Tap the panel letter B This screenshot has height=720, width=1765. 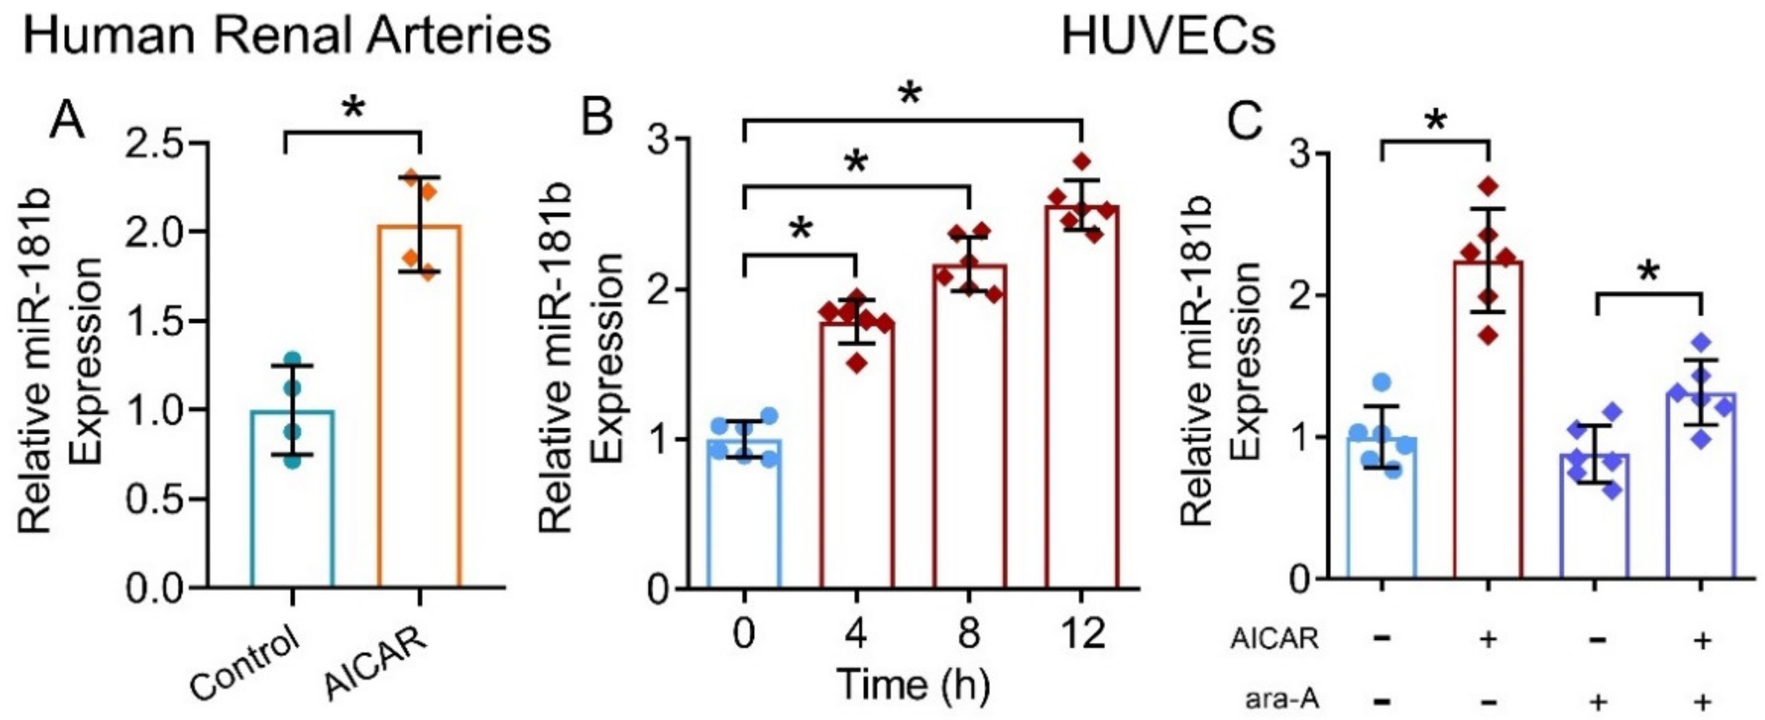click(595, 116)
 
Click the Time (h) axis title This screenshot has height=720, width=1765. click(913, 684)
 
